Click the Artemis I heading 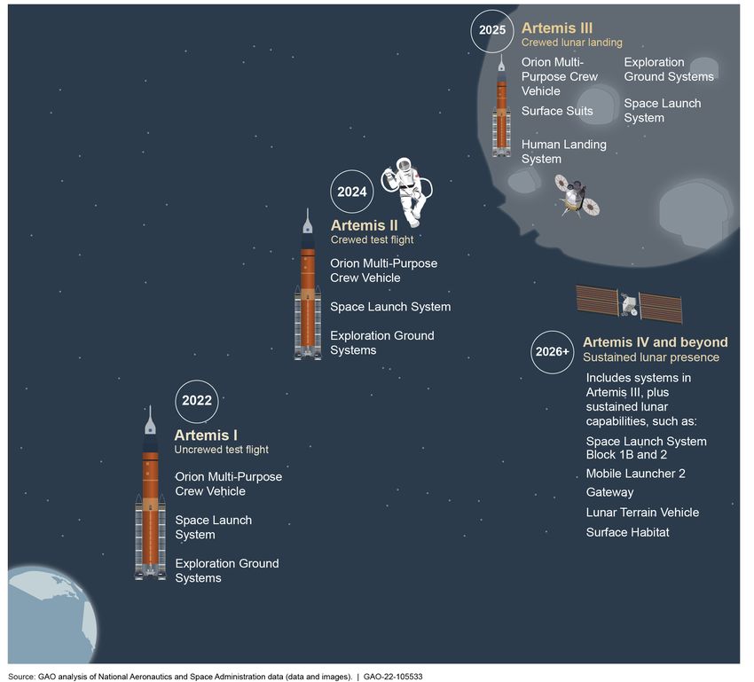206,435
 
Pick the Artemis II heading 364,225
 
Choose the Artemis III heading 557,27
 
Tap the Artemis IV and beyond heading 655,342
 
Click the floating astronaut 407,191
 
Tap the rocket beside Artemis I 151,492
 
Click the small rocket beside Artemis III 501,106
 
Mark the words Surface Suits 557,111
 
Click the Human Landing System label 563,152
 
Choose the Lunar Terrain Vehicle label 642,513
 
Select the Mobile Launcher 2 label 635,474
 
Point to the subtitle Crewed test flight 372,239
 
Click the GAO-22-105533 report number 393,677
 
